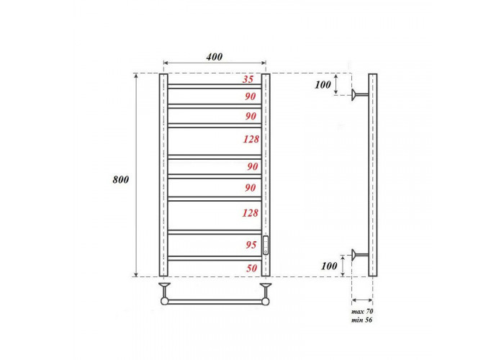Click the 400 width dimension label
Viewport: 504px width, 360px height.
(x=214, y=57)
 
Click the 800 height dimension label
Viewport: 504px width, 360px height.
(x=120, y=180)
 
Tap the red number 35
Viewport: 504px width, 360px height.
(x=248, y=79)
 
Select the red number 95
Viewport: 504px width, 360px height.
(x=251, y=245)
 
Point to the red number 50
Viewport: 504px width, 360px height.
(x=252, y=268)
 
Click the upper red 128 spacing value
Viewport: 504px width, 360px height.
(x=251, y=139)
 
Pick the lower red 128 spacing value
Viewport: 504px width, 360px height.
(x=251, y=213)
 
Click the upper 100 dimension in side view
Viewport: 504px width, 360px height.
(x=323, y=85)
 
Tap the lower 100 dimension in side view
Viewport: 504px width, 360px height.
(x=329, y=266)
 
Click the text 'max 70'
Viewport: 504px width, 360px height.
(x=362, y=312)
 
